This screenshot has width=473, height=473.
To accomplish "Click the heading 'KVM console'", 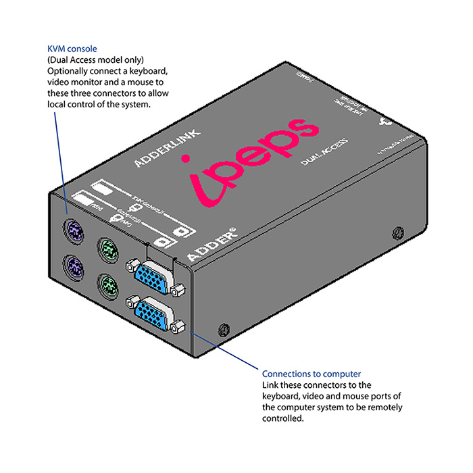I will point(72,49).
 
